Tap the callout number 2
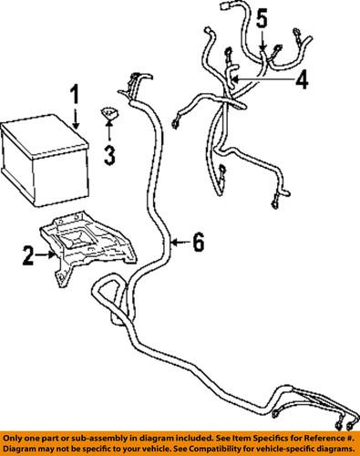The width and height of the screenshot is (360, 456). (28, 256)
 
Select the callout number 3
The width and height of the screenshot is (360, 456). (109, 155)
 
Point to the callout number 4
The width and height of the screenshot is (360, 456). (301, 81)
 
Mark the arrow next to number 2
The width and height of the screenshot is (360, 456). (47, 256)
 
